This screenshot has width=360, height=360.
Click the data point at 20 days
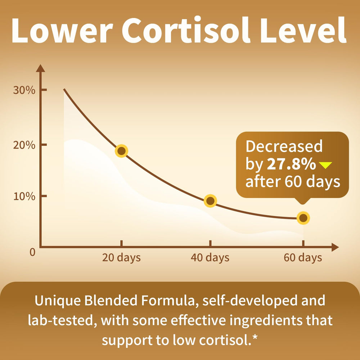[122, 151]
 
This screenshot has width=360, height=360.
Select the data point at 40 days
[210, 201]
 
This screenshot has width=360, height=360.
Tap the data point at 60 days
[303, 218]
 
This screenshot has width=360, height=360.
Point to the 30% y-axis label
[24, 90]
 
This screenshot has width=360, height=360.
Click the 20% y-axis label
[24, 145]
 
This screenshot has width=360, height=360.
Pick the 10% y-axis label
[24, 197]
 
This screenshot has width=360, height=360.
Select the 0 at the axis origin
[32, 252]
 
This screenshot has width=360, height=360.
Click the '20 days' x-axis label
[121, 258]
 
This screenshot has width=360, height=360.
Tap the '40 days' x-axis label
[210, 258]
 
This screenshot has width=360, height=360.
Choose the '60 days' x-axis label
[303, 258]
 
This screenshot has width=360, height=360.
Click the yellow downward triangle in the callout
[325, 165]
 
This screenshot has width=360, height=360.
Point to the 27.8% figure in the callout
[291, 165]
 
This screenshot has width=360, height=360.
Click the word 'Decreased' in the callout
[284, 147]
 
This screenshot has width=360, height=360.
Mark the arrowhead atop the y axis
[40, 68]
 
